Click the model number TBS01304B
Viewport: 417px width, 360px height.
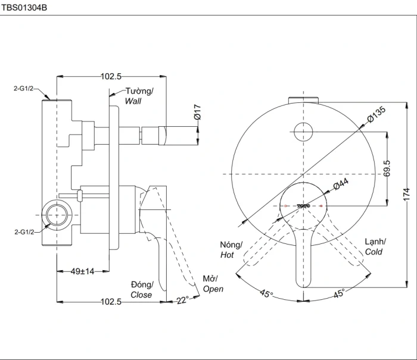24,8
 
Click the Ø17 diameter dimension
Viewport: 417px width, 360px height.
197,112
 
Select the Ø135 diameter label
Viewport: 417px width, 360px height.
376,114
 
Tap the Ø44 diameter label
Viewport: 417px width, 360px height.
341,184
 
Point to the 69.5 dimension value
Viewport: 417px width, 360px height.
387,168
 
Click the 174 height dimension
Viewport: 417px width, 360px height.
407,195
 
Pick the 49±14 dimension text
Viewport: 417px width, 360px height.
82,271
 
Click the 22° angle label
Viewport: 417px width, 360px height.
183,300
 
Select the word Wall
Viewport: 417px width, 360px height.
133,101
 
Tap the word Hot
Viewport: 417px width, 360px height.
227,255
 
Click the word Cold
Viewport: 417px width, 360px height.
374,252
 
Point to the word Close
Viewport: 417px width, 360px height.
141,295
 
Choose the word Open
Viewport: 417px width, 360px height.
213,289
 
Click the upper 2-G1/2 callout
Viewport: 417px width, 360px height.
24,89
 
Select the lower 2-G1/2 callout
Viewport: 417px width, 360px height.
24,232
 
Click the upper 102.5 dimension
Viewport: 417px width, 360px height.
111,77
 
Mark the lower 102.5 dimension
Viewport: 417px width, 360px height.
111,302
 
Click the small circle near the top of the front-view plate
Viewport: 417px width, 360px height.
303,132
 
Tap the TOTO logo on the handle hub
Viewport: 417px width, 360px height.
303,206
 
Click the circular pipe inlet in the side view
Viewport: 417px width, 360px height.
57,215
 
